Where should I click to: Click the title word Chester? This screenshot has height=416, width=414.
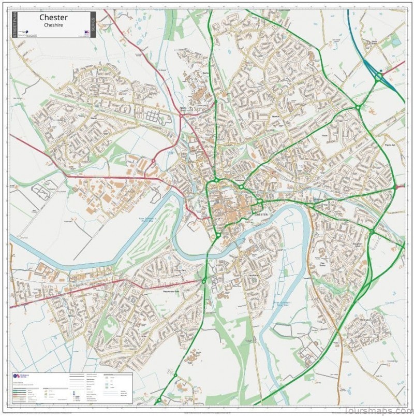[x=53, y=18]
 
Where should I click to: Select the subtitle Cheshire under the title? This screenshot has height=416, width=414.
[x=53, y=25]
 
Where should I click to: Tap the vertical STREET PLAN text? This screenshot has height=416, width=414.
[x=14, y=25]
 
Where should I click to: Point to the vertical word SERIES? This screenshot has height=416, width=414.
[x=93, y=25]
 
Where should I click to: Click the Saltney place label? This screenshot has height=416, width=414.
[x=71, y=314]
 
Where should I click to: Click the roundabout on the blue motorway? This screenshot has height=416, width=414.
[x=379, y=77]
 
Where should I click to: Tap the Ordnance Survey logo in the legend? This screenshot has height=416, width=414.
[x=19, y=377]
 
